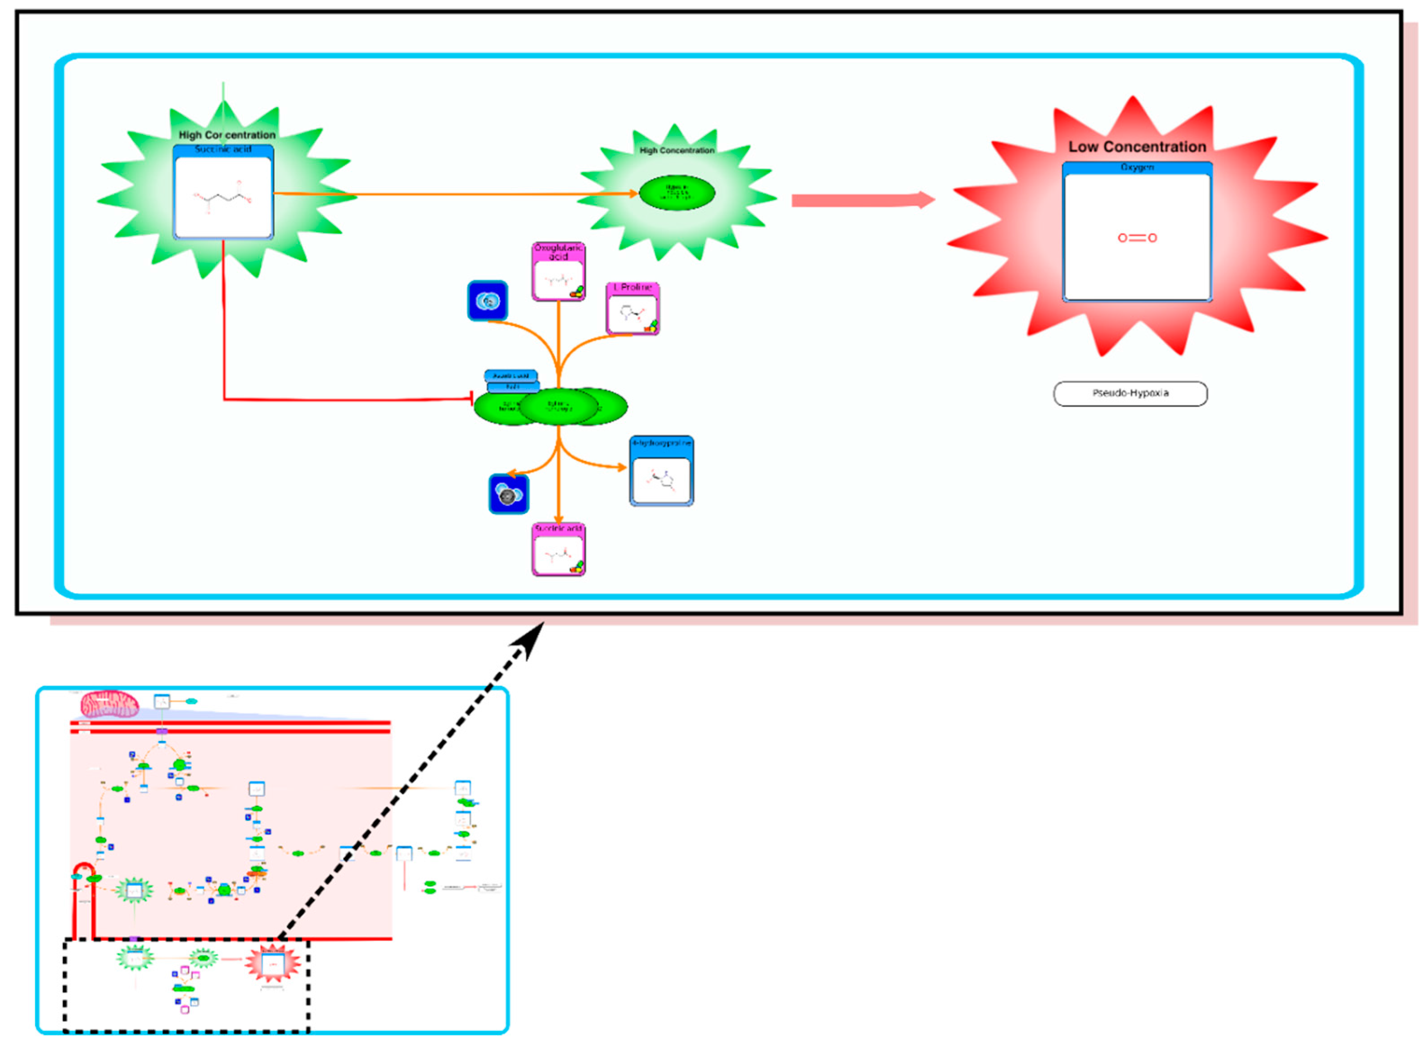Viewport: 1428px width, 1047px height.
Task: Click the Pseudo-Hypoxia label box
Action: (x=1130, y=393)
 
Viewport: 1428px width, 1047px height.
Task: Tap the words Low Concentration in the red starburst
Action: (x=1137, y=147)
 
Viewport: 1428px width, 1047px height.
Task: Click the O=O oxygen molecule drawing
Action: (x=1137, y=238)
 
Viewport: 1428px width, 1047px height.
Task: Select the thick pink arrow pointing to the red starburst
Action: (x=862, y=200)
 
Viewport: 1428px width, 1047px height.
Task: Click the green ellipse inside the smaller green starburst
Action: (x=677, y=193)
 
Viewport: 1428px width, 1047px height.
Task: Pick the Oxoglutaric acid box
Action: (x=558, y=272)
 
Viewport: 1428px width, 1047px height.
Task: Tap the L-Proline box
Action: (x=633, y=309)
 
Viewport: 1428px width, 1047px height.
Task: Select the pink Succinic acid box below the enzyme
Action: (x=558, y=550)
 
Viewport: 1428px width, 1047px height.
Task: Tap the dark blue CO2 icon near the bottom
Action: (x=508, y=494)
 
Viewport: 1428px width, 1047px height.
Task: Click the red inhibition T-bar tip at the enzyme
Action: (x=471, y=399)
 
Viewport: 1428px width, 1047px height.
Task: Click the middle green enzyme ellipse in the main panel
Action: (x=558, y=407)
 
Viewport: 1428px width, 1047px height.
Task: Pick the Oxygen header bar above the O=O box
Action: (x=1137, y=167)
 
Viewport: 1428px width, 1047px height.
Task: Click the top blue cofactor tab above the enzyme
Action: (x=511, y=376)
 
